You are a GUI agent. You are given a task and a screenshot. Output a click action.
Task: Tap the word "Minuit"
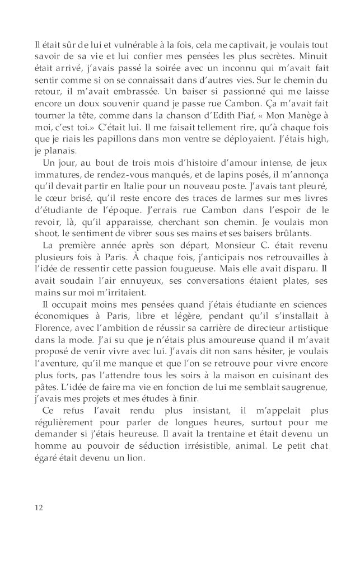click(x=314, y=57)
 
